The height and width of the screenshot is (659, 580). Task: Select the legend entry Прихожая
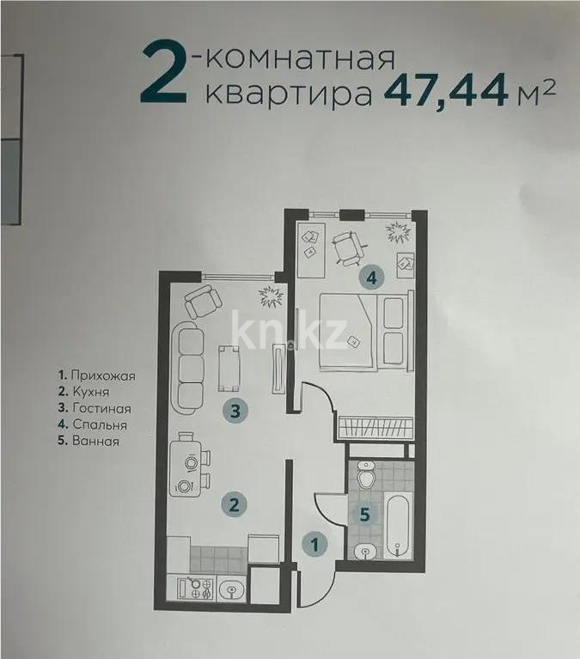click(x=96, y=375)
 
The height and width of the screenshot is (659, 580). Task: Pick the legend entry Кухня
click(x=86, y=392)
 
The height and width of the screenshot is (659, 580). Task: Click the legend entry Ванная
click(x=89, y=441)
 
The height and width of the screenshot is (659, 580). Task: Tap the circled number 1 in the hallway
click(x=315, y=543)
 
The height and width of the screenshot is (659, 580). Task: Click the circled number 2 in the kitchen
click(x=233, y=504)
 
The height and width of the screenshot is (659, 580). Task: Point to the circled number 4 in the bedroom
click(x=370, y=278)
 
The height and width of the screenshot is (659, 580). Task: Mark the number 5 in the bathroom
click(x=365, y=516)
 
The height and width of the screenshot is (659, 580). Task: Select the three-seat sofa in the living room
click(x=189, y=365)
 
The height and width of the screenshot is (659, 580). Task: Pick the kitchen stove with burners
click(x=204, y=590)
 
